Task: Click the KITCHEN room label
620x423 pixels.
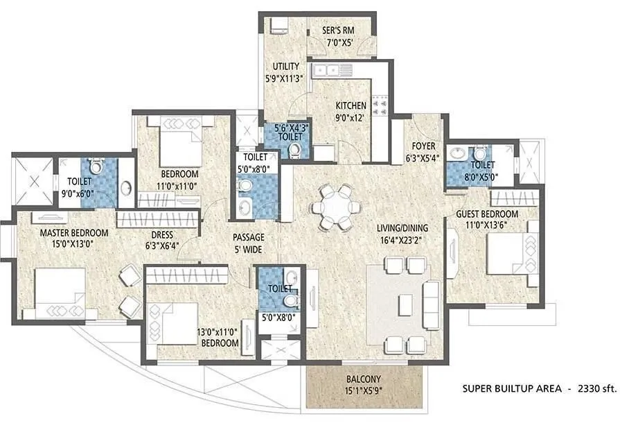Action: tap(351, 105)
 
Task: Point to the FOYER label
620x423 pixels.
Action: tap(423, 146)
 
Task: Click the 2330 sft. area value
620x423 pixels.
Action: tap(596, 390)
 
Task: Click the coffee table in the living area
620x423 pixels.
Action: tap(406, 304)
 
